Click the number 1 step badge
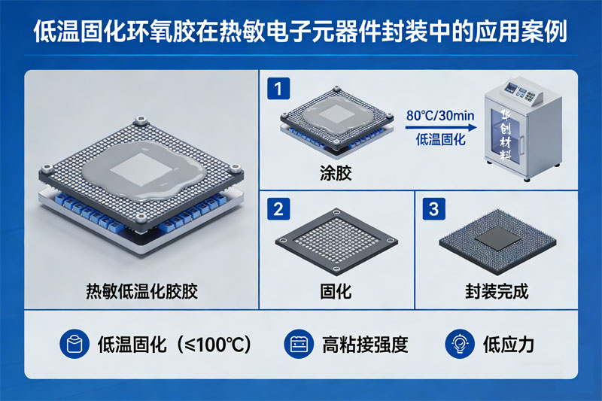click(278, 89)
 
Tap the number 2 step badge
click(278, 209)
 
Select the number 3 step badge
click(434, 209)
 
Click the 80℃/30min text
click(440, 116)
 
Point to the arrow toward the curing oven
click(441, 128)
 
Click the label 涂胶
click(336, 173)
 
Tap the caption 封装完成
click(497, 292)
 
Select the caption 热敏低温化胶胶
click(141, 291)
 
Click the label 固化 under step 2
click(336, 292)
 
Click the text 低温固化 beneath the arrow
click(441, 140)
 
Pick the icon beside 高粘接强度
click(299, 344)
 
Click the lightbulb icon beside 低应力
click(460, 344)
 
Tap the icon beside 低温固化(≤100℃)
click(74, 344)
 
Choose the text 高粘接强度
click(365, 345)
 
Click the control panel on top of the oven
click(521, 92)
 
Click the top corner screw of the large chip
click(141, 120)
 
